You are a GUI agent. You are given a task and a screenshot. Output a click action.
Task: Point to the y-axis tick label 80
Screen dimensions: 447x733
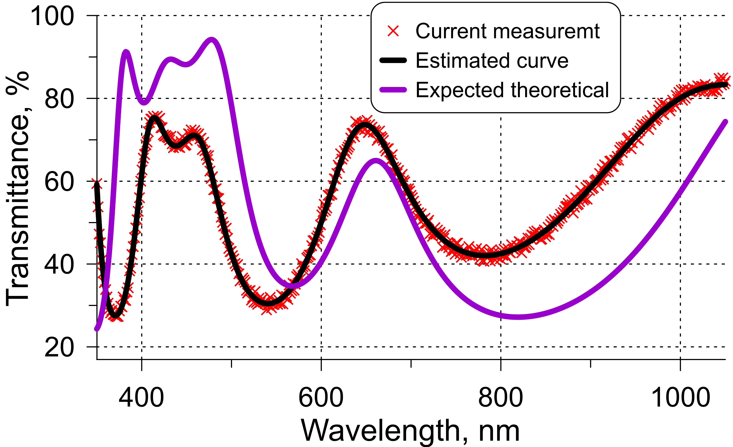pos(59,99)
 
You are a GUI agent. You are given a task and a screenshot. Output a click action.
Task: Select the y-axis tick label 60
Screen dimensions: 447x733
pos(59,182)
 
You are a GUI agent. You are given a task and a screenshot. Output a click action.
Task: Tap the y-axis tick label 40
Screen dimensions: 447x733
pos(59,265)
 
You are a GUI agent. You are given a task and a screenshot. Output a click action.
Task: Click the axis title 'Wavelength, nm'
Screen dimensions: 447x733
pos(411,431)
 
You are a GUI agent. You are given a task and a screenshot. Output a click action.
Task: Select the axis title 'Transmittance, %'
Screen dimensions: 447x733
pos(18,189)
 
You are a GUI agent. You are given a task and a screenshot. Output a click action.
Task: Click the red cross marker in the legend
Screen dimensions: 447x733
pos(393,31)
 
